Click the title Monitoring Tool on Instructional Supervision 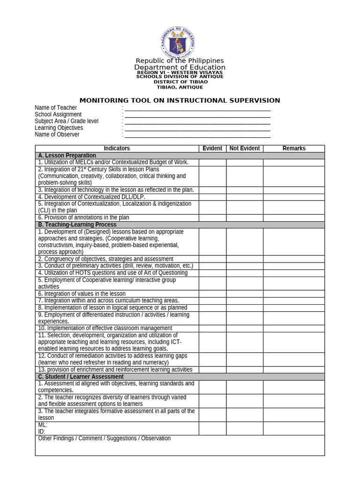coord(180,100)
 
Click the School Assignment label coord(58,114)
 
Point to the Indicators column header coord(117,149)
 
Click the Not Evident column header coord(244,149)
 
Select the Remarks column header coord(293,149)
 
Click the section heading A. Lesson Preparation coord(67,156)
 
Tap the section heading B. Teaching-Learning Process coord(77,225)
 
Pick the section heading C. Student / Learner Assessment coord(81,377)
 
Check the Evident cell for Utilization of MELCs coord(212,162)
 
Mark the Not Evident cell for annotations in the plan coord(244,217)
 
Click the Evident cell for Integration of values coord(212,294)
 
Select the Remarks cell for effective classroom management coord(293,328)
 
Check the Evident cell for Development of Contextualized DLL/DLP coord(212,197)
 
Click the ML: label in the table coord(43,425)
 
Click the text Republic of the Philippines coord(180,61)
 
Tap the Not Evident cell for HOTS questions coord(244,273)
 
